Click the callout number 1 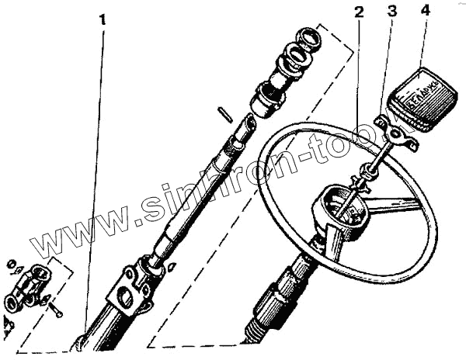click(103, 18)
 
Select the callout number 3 click(392, 11)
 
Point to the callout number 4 click(424, 11)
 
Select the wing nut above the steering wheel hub click(360, 183)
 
